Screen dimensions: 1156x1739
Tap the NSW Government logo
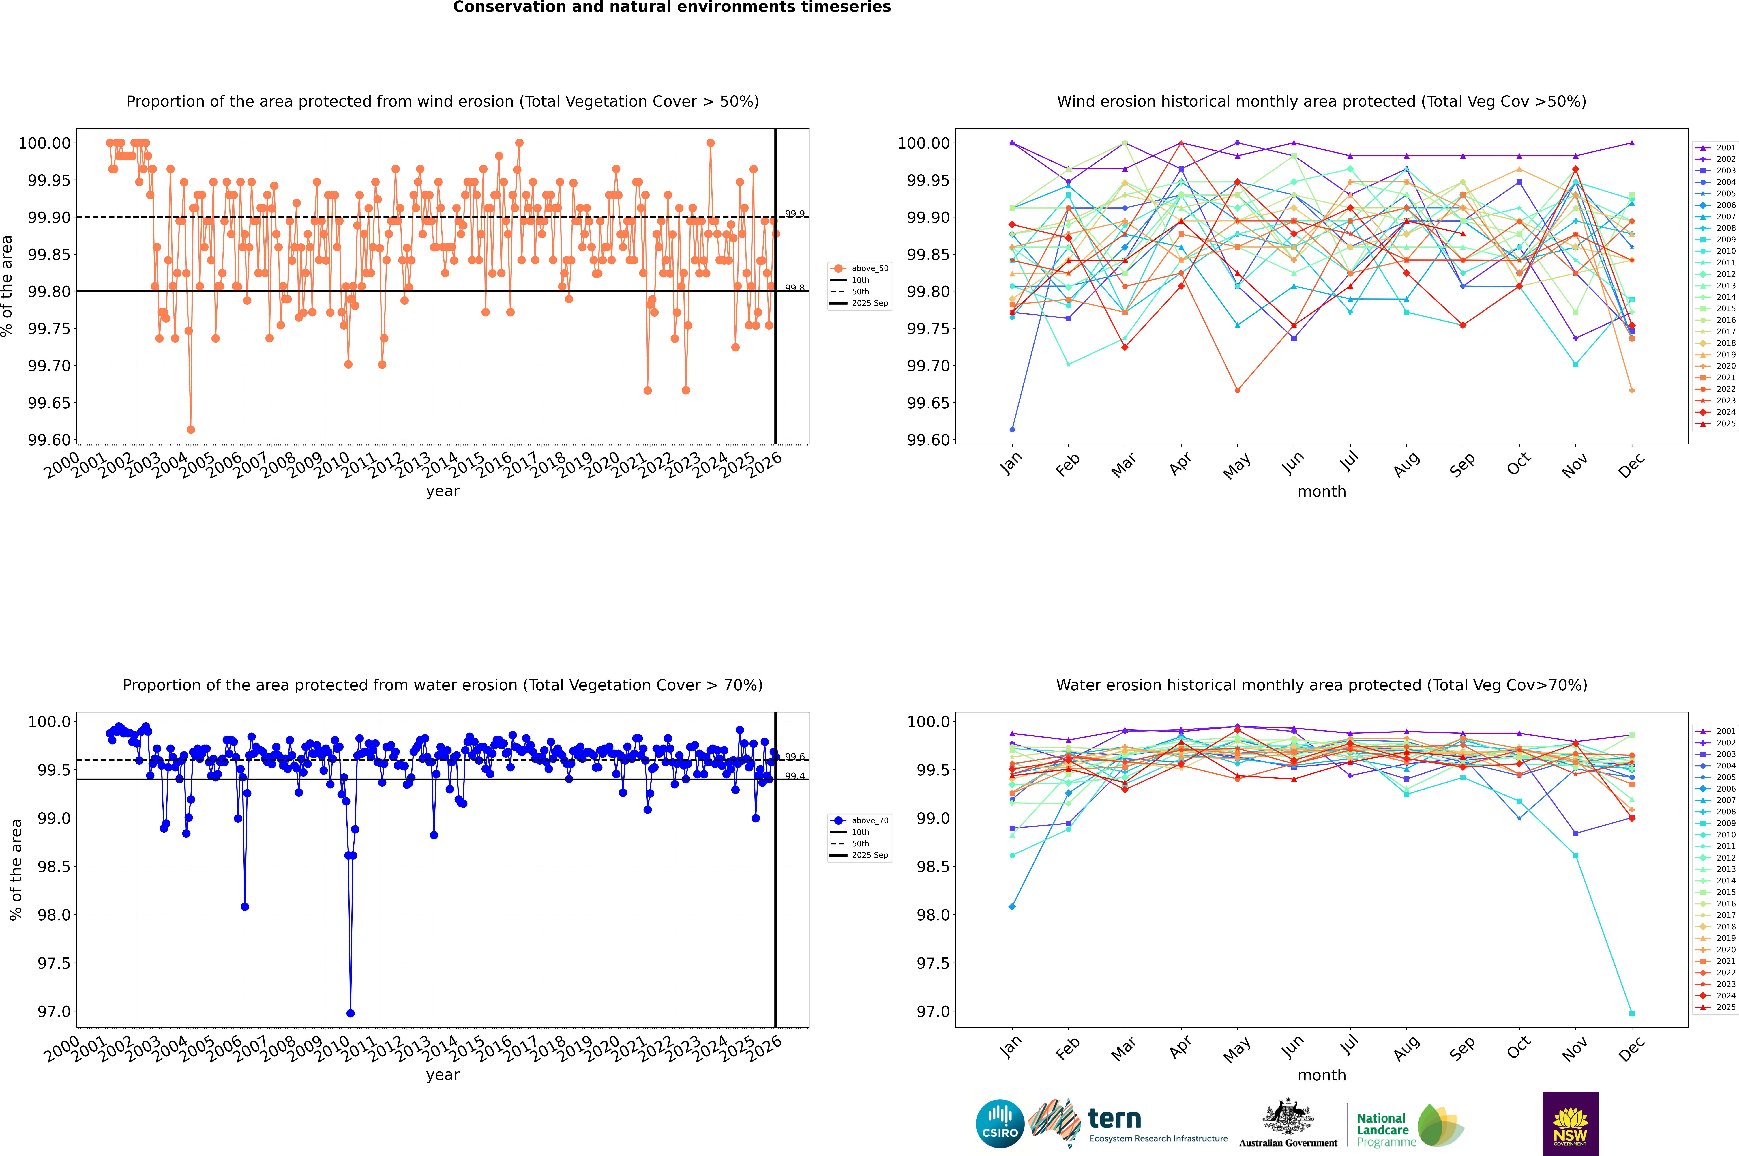1570,1124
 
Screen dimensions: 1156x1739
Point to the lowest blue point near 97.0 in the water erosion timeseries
350,1013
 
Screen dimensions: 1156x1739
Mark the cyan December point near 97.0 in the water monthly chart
1631,1013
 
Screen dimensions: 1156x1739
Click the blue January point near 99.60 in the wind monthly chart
1012,429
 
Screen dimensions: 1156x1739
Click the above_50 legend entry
860,268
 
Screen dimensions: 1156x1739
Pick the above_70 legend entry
860,821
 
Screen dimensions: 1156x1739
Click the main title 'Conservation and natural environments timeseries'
672,7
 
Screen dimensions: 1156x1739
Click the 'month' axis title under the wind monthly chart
1321,492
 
